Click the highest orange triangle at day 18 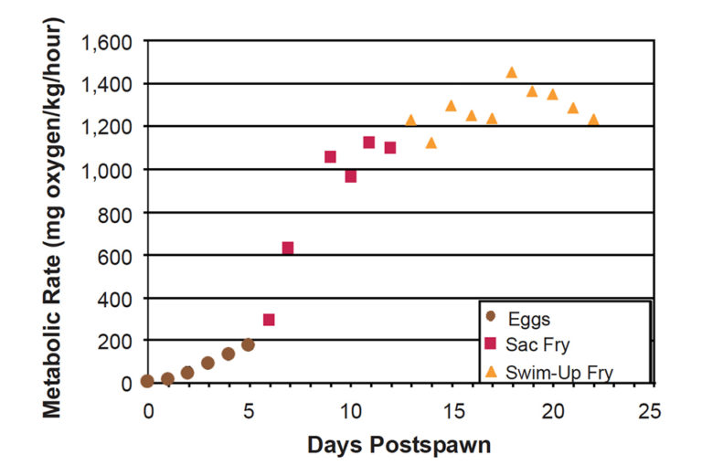511,72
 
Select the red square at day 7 288,248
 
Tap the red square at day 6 269,320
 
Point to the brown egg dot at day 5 248,344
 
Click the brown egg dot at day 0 147,381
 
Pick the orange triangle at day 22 593,119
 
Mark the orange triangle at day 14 431,143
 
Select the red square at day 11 369,142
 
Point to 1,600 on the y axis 108,42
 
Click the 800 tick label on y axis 117,213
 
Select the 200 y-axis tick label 117,341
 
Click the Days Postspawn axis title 400,445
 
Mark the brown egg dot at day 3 207,363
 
